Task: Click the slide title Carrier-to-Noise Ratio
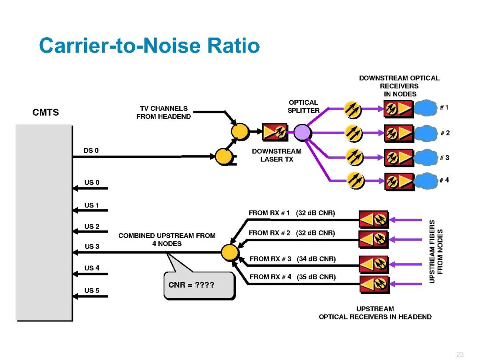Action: click(149, 46)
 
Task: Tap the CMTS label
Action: click(46, 112)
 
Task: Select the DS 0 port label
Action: click(91, 151)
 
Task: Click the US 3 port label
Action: click(92, 247)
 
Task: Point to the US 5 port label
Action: click(92, 291)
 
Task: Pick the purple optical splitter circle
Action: click(302, 132)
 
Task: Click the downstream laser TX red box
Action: click(275, 132)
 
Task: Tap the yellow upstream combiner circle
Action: click(230, 252)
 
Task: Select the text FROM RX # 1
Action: click(269, 213)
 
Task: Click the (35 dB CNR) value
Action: click(316, 276)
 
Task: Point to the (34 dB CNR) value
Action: click(316, 259)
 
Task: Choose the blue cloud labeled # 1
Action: click(426, 108)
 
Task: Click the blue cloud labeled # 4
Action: click(426, 180)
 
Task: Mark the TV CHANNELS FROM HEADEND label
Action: click(164, 112)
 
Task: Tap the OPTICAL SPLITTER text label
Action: click(304, 107)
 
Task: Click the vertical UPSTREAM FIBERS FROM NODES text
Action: click(436, 252)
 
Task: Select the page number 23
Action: click(460, 354)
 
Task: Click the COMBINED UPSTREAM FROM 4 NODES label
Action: click(167, 240)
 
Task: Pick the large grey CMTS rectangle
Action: click(44, 222)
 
